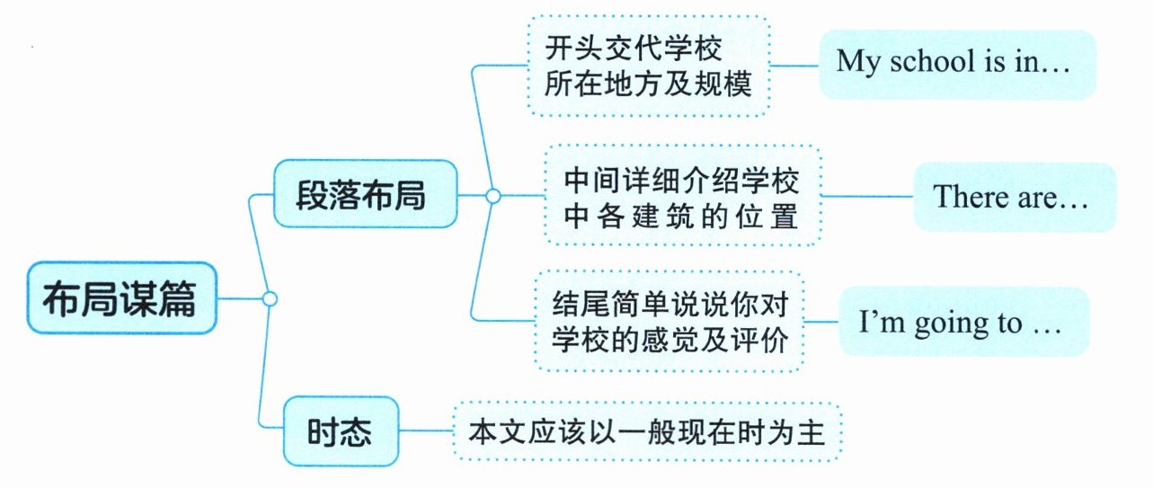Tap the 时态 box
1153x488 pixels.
341,432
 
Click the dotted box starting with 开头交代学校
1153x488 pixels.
647,65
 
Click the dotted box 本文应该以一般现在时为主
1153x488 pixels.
647,432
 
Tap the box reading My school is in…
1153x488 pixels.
956,63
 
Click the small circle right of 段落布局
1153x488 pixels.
492,195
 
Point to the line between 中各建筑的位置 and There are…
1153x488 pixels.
867,196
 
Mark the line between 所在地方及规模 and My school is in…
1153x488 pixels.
794,64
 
